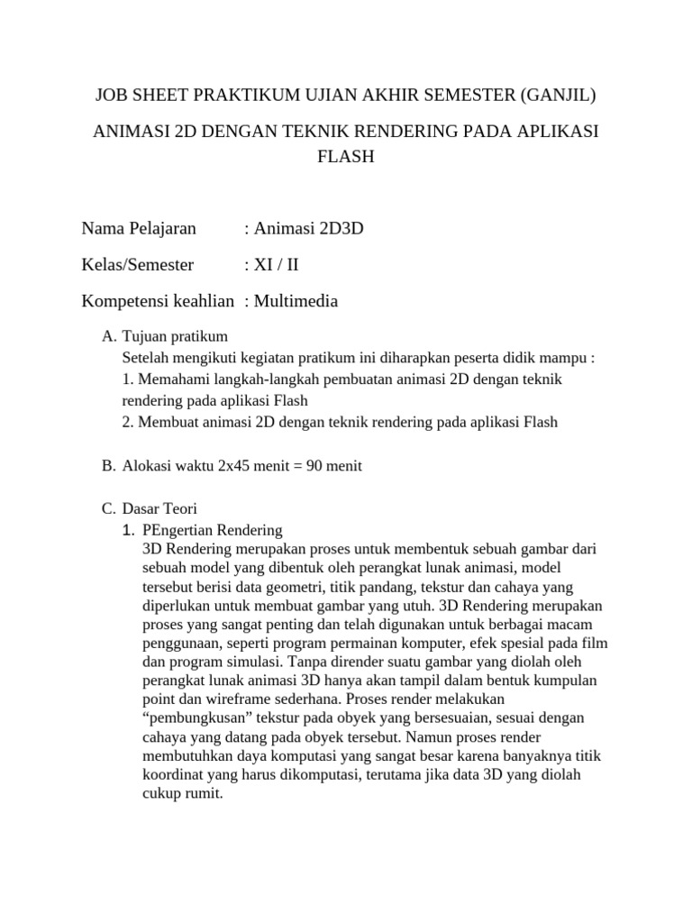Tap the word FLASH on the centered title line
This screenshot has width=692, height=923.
tap(346, 156)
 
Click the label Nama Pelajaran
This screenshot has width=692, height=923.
tap(139, 229)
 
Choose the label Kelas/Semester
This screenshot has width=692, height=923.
tap(137, 265)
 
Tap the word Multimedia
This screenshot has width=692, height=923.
tap(296, 301)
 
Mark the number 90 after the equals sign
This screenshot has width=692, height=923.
tap(314, 466)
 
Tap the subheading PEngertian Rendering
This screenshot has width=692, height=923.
tap(213, 530)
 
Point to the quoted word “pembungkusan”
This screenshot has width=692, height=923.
tap(193, 717)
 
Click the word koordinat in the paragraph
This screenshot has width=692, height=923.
tap(174, 775)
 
